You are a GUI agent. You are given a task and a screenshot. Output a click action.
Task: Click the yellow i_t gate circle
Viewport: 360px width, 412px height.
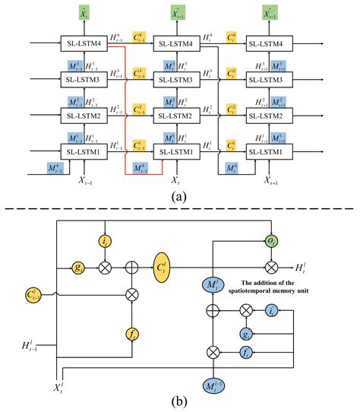click(106, 241)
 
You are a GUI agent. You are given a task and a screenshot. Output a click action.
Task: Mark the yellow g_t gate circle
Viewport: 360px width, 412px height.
click(78, 268)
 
